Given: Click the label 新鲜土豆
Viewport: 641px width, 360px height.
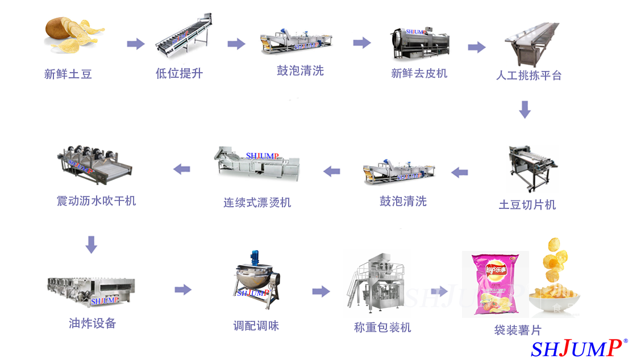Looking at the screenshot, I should tap(68, 74).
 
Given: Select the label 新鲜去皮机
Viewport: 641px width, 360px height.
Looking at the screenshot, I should tap(419, 73).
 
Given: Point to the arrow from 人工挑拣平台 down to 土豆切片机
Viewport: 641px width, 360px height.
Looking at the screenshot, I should tap(525, 110).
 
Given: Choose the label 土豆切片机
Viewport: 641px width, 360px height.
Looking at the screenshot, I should tap(527, 205).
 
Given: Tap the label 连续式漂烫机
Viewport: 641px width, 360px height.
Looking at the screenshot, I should tap(257, 202).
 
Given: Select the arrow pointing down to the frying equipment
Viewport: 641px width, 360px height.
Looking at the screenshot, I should tap(91, 245).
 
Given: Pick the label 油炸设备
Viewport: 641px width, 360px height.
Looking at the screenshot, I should tap(93, 324).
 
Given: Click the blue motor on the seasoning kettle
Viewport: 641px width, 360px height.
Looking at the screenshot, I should tap(256, 257).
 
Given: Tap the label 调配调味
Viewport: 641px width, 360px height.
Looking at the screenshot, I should tap(256, 325).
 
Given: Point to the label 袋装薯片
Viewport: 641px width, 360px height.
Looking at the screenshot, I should tap(518, 330).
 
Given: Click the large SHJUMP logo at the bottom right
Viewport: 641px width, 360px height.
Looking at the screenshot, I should tap(576, 348).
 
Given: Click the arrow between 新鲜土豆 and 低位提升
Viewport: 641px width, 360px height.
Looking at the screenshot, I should tap(136, 44).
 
